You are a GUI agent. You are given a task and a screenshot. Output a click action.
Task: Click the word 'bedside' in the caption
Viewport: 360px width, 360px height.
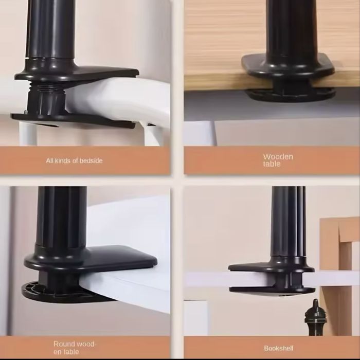pyautogui.click(x=91, y=160)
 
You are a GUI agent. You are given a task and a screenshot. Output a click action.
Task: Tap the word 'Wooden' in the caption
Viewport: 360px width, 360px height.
pyautogui.click(x=278, y=157)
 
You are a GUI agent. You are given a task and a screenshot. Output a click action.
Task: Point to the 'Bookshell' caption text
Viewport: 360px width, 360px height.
pyautogui.click(x=279, y=348)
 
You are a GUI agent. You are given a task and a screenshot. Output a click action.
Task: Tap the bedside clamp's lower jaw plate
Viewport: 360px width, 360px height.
pyautogui.click(x=73, y=120)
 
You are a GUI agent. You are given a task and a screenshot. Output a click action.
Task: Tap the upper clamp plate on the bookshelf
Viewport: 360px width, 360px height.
pyautogui.click(x=271, y=267)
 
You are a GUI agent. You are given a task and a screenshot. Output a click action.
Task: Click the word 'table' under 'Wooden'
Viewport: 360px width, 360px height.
pyautogui.click(x=272, y=164)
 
